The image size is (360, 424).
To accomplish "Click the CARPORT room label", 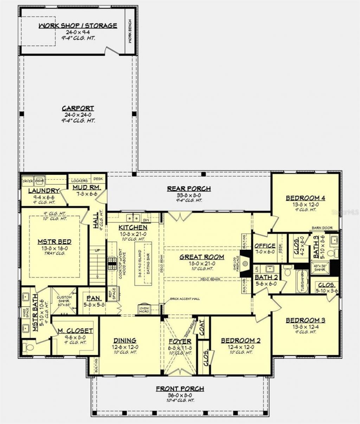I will pyautogui.click(x=78, y=108).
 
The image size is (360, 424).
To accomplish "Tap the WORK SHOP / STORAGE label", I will pyautogui.click(x=78, y=26).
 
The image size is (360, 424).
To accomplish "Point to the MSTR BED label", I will pyautogui.click(x=54, y=242).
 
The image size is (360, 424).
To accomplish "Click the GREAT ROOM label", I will pyautogui.click(x=202, y=257).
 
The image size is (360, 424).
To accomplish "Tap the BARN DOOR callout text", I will pyautogui.click(x=322, y=228).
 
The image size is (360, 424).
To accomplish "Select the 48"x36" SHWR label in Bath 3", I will pyautogui.click(x=320, y=268).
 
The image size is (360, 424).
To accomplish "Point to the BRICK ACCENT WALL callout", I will pyautogui.click(x=185, y=299).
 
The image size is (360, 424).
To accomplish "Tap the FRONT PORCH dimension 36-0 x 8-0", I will pyautogui.click(x=180, y=395).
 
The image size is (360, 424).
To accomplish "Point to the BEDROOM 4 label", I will pyautogui.click(x=305, y=198).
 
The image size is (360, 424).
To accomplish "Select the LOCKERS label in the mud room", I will pyautogui.click(x=79, y=181).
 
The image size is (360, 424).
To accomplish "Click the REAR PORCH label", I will pyautogui.click(x=189, y=189).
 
